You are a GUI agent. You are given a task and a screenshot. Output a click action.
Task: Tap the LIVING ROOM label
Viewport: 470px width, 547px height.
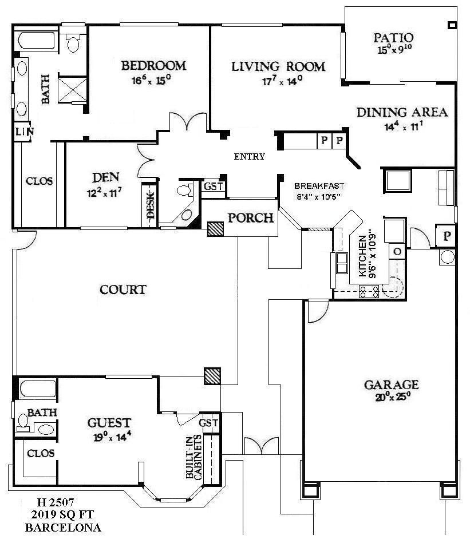[278, 67]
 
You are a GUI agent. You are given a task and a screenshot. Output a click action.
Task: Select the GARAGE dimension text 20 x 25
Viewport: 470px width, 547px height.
[392, 395]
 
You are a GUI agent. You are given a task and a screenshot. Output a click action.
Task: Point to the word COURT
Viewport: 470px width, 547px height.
[123, 290]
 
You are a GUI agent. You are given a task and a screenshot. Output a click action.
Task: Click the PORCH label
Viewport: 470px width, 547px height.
[251, 219]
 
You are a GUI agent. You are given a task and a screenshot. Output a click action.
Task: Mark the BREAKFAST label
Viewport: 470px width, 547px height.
[318, 186]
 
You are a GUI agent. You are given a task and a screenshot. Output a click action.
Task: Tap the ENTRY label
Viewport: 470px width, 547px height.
[250, 157]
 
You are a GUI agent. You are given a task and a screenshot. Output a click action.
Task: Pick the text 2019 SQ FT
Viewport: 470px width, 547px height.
[62, 515]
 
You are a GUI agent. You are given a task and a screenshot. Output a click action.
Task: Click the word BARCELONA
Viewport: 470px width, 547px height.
[63, 528]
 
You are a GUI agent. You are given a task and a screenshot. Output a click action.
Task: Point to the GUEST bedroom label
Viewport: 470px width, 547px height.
[109, 423]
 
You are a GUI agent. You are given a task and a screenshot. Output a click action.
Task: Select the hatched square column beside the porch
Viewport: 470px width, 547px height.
[216, 229]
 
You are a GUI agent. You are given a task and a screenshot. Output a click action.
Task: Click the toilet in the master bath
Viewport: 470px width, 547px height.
[73, 42]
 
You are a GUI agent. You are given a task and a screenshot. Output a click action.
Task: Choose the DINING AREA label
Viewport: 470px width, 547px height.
[402, 113]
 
